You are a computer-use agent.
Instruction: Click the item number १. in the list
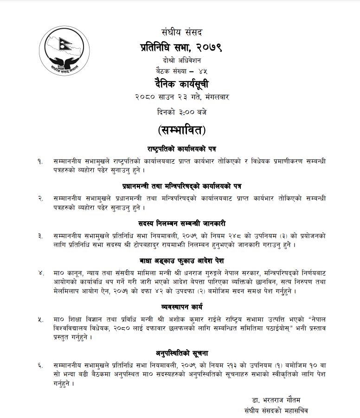41,161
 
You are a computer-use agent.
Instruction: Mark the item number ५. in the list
41,320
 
